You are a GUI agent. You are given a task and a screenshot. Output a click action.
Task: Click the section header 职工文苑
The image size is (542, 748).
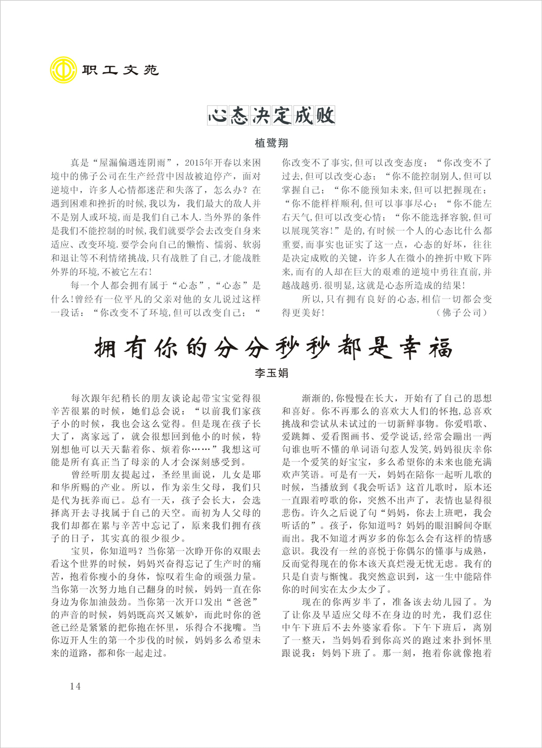click(x=120, y=70)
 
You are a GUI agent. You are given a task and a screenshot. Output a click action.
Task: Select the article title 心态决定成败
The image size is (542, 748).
click(x=271, y=115)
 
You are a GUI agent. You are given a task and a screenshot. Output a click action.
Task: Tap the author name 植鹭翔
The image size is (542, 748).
click(x=271, y=143)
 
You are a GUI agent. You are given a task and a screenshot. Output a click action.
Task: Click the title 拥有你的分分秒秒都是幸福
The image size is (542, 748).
click(x=273, y=347)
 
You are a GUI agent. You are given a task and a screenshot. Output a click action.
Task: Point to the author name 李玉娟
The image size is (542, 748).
click(x=271, y=373)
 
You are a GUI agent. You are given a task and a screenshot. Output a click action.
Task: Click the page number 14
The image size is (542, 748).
click(x=75, y=686)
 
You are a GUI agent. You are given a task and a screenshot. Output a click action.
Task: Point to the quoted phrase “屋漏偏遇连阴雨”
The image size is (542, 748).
click(x=134, y=162)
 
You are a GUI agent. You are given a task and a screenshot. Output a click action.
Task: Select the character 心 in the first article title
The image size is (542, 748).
click(x=218, y=115)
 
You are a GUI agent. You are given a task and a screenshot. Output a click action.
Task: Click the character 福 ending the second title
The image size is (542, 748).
click(x=440, y=347)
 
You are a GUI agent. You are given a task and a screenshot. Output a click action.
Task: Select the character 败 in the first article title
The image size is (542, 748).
click(x=325, y=115)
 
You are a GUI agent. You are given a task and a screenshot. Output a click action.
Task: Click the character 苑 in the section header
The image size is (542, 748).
click(x=151, y=70)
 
